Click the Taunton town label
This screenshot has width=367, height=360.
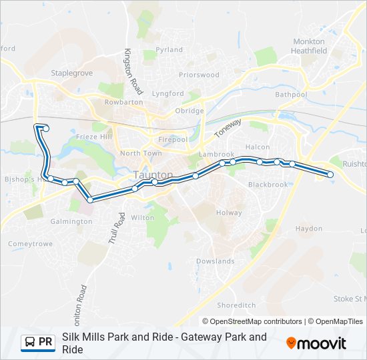(x=153, y=175)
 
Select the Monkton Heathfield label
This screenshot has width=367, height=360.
(x=309, y=46)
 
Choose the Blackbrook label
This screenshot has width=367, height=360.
(x=268, y=185)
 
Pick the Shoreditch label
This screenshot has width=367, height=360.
(x=236, y=305)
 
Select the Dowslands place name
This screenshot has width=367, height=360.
(x=216, y=261)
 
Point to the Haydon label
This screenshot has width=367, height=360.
(x=309, y=228)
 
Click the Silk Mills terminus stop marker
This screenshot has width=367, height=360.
(x=45, y=128)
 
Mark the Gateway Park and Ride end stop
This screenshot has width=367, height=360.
(x=330, y=175)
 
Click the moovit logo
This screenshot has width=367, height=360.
(x=316, y=343)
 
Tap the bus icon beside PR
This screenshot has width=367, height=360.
(x=29, y=343)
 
